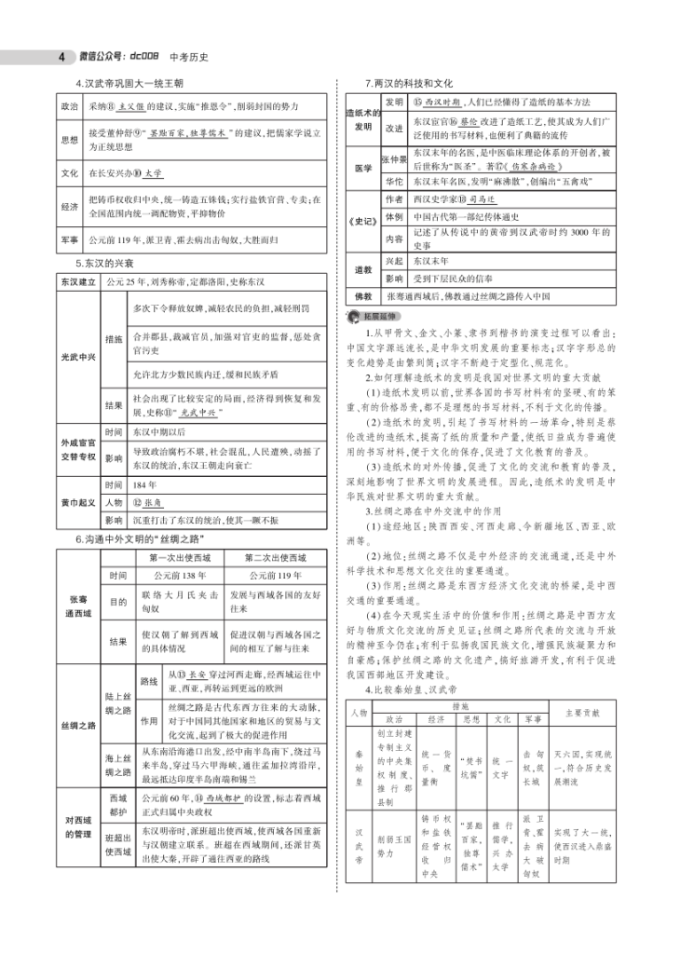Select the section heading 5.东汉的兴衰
[x=108, y=264]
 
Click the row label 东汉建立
[x=78, y=280]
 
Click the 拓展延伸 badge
[x=374, y=317]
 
